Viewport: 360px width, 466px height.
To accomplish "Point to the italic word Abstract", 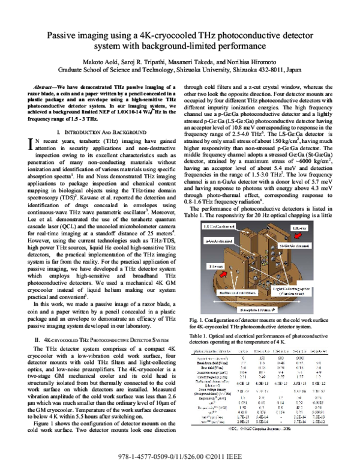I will tap(44, 88).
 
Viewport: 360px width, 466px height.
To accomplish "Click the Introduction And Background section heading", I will tap(100, 130).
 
